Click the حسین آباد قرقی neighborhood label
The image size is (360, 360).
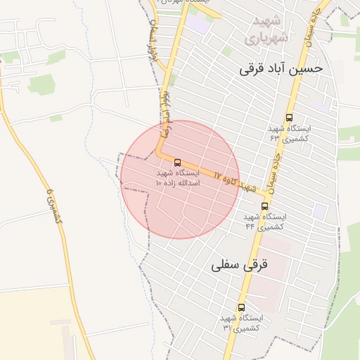(x=281, y=68)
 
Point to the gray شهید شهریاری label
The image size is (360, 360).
(x=264, y=30)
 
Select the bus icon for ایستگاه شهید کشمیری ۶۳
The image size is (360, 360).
(x=290, y=118)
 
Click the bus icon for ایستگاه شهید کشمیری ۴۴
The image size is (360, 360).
(x=264, y=206)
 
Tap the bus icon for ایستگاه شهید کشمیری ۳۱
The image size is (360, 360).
(x=242, y=307)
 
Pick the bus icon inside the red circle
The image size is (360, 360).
(x=176, y=162)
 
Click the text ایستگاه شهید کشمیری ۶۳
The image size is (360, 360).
(x=290, y=134)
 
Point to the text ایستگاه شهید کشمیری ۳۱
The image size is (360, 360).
(x=241, y=323)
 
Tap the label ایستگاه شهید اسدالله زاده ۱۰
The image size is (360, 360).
(x=177, y=177)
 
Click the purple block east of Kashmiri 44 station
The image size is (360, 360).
(x=320, y=210)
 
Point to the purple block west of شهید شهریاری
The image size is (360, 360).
(x=198, y=24)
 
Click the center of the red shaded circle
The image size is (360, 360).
(x=180, y=179)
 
